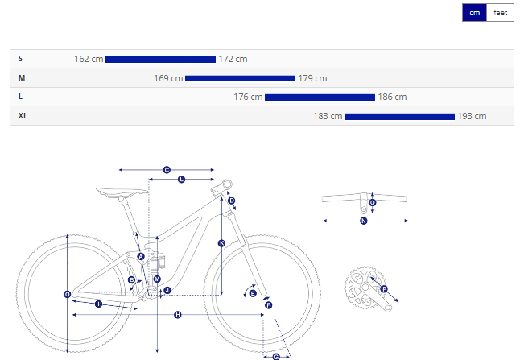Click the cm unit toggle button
[475, 13]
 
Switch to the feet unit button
[500, 13]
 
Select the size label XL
[23, 116]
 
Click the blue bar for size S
[160, 60]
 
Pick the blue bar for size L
[320, 97]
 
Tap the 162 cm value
[89, 59]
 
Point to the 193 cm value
[472, 116]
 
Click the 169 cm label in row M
[168, 78]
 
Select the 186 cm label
[392, 97]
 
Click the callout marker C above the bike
[167, 170]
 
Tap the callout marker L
[181, 180]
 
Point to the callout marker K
[222, 243]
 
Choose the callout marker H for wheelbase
[178, 315]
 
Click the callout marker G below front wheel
[276, 357]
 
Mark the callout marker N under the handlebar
[364, 221]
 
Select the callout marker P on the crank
[384, 289]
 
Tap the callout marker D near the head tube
[232, 201]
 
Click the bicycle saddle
[121, 192]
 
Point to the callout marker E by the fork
[253, 293]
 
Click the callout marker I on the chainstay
[98, 304]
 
